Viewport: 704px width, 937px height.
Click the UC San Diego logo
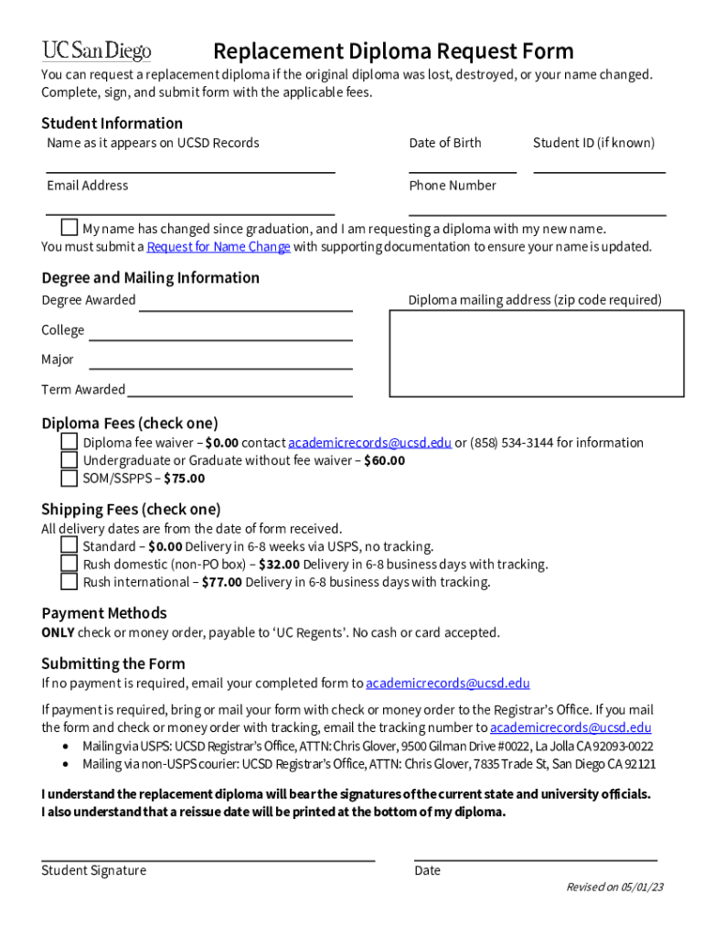pyautogui.click(x=96, y=50)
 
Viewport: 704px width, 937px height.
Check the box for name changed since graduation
pyautogui.click(x=69, y=228)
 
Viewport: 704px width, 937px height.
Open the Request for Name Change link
pyautogui.click(x=219, y=247)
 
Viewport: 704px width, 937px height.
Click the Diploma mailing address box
pyautogui.click(x=537, y=353)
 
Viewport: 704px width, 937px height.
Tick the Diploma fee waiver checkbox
pyautogui.click(x=69, y=442)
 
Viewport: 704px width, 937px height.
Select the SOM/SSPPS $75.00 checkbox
pyautogui.click(x=69, y=478)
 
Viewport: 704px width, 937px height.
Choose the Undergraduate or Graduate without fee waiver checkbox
pyautogui.click(x=69, y=460)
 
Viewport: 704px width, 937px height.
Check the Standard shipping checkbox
pyautogui.click(x=69, y=546)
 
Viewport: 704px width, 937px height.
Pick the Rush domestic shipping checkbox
pyautogui.click(x=69, y=564)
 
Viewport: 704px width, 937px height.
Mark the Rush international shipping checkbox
pyautogui.click(x=69, y=582)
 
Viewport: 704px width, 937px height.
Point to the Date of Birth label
pyautogui.click(x=445, y=143)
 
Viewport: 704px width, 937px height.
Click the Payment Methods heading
pyautogui.click(x=104, y=613)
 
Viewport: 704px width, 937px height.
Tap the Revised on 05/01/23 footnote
pyautogui.click(x=614, y=888)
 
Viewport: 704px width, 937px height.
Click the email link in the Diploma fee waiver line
pyautogui.click(x=369, y=443)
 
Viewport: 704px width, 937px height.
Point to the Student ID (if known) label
pyautogui.click(x=593, y=143)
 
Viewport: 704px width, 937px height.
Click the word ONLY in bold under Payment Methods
pyautogui.click(x=58, y=633)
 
